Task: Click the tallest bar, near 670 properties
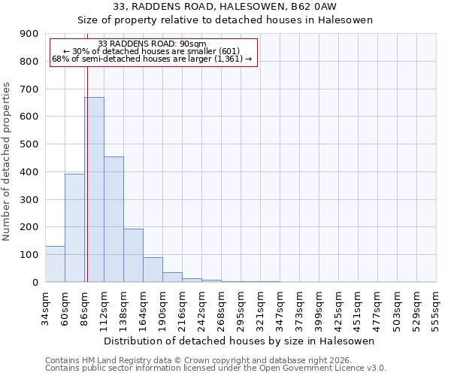pos(94,190)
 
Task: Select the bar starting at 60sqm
pos(74,228)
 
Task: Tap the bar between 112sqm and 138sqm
pos(114,219)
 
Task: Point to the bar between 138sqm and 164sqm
pos(133,255)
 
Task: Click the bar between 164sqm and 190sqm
pos(153,269)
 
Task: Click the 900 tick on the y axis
pos(30,34)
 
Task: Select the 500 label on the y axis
pos(30,144)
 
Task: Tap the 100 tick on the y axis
pos(30,255)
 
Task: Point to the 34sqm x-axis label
pos(45,308)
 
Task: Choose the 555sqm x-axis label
pos(436,308)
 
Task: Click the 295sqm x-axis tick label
pos(241,308)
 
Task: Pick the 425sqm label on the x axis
pos(338,308)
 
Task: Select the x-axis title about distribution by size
pos(241,341)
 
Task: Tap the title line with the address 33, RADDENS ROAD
pos(225,7)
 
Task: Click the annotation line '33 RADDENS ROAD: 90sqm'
pos(153,44)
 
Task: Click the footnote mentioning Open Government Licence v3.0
pos(216,368)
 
